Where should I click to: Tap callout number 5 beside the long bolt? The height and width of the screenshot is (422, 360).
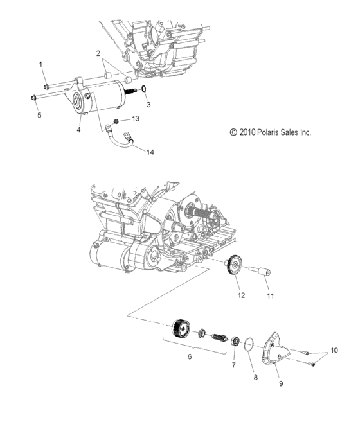pos(40,115)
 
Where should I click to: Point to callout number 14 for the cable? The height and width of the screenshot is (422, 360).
pos(150,152)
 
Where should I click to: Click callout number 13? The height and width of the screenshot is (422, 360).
pos(135,119)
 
